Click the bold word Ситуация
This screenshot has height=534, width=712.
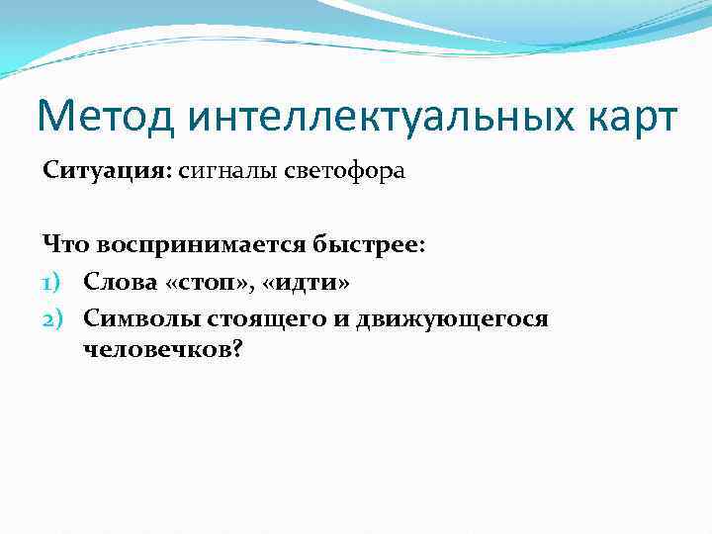point(106,171)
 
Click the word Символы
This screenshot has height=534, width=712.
point(139,318)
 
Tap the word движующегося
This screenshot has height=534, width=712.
point(442,318)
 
